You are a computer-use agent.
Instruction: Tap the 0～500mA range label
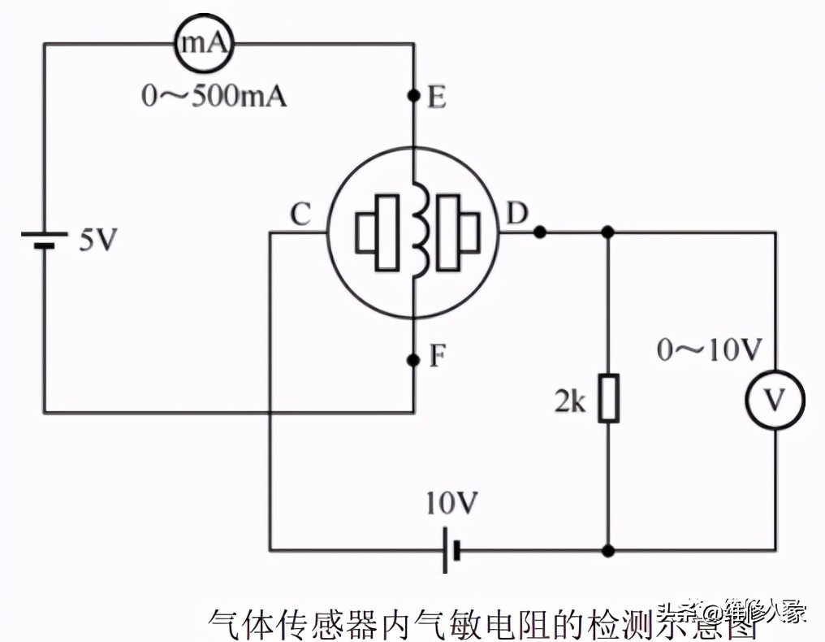pyautogui.click(x=214, y=98)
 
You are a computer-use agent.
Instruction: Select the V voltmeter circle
pyautogui.click(x=775, y=400)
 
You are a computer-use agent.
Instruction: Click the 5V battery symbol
pyautogui.click(x=45, y=241)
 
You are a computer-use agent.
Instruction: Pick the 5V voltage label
pyautogui.click(x=98, y=241)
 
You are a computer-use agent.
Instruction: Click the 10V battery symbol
pyautogui.click(x=451, y=550)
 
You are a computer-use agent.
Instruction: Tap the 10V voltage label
pyautogui.click(x=451, y=505)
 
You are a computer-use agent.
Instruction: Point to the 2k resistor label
pyautogui.click(x=571, y=401)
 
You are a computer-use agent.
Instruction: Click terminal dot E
pyautogui.click(x=413, y=97)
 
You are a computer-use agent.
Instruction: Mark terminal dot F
pyautogui.click(x=413, y=358)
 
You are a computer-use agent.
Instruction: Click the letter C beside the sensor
pyautogui.click(x=300, y=215)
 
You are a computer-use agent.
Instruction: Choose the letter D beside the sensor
pyautogui.click(x=516, y=215)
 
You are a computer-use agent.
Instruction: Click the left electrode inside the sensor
pyautogui.click(x=378, y=232)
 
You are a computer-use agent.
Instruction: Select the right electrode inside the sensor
pyautogui.click(x=456, y=232)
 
